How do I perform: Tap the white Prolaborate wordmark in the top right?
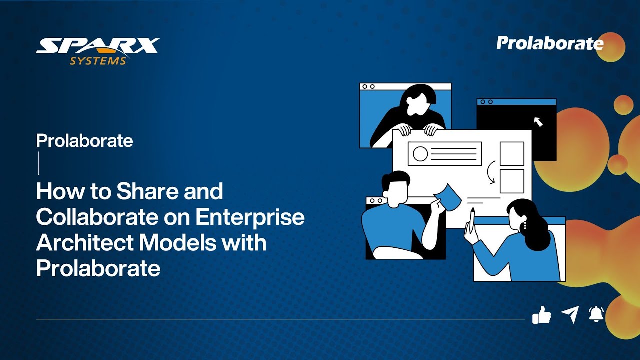[550, 43]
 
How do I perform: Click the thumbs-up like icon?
[541, 315]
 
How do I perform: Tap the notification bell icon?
[596, 314]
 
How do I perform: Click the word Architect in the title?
[84, 243]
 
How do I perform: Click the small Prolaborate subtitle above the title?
[84, 141]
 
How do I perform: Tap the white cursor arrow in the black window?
[538, 121]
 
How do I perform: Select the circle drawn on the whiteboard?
[420, 154]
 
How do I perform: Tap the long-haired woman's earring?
[524, 226]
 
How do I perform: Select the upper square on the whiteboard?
[512, 153]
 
